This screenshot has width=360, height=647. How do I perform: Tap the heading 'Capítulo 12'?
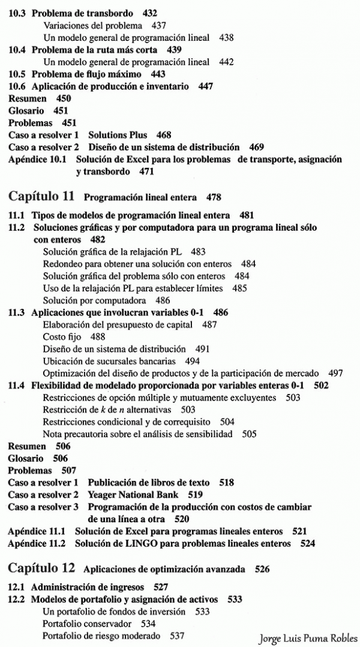42,568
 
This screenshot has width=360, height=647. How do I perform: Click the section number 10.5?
16,74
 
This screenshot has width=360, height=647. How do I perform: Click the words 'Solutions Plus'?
118,135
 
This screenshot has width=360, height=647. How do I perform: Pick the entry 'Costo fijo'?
62,336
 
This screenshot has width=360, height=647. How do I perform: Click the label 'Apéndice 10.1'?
37,160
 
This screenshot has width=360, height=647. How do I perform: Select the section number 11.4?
16,385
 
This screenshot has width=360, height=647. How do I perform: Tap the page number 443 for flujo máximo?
158,74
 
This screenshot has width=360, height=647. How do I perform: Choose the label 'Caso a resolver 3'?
43,507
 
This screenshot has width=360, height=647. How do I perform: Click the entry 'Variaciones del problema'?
93,25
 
